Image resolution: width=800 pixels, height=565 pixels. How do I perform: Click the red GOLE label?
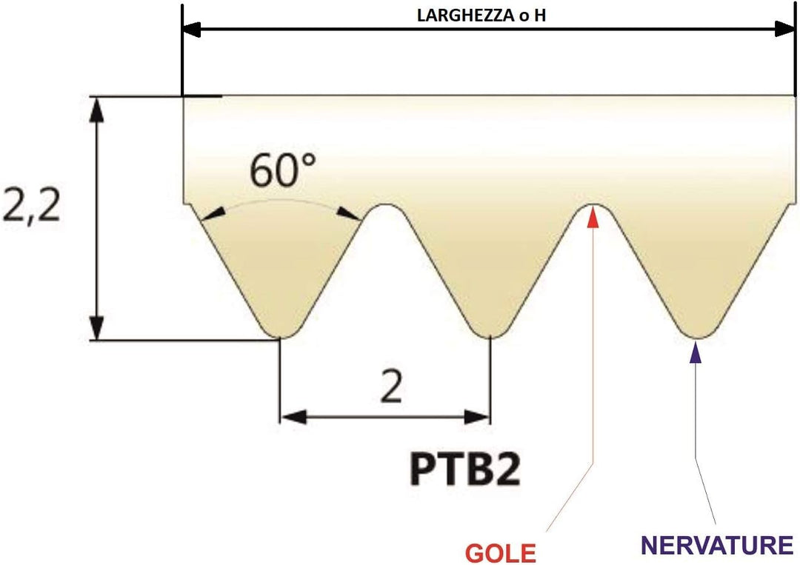point(501,552)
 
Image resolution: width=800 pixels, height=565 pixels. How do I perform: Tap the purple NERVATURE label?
point(717,545)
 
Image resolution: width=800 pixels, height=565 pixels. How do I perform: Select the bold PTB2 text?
point(465,469)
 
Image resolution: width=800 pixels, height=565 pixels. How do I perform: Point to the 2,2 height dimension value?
point(32,207)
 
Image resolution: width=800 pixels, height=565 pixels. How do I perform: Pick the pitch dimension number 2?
point(391,387)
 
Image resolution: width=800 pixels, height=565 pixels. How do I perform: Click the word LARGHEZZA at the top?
point(465,16)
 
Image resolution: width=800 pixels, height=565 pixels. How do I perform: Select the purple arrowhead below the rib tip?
point(695,352)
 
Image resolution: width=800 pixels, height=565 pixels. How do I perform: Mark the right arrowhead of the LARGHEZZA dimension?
point(784,30)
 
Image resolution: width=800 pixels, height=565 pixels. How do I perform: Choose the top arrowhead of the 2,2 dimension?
point(96,109)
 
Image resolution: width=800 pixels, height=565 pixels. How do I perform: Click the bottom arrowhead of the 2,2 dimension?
point(96,327)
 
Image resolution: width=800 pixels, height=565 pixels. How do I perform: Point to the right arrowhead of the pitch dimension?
point(476,417)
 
